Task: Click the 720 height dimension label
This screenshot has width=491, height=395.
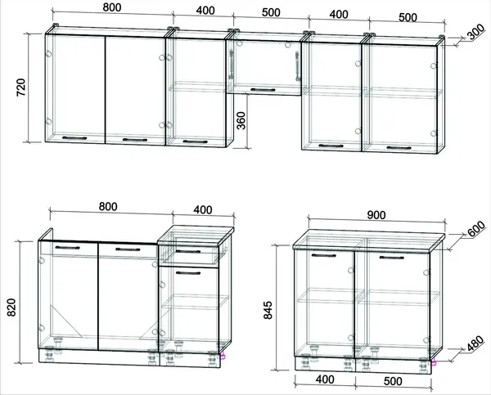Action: (x=21, y=88)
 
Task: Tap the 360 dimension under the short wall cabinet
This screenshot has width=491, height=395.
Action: (x=241, y=120)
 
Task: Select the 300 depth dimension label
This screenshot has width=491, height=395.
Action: (x=476, y=33)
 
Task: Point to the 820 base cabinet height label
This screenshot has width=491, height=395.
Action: (x=11, y=307)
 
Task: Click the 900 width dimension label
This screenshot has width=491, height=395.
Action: (x=376, y=215)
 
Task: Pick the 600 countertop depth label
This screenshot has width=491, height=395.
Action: (x=476, y=229)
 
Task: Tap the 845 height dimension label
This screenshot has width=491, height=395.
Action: (x=268, y=310)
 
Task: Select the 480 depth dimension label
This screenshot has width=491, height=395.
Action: (x=475, y=343)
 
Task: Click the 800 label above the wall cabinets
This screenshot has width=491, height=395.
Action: (x=112, y=7)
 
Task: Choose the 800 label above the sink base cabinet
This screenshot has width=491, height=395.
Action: (x=108, y=207)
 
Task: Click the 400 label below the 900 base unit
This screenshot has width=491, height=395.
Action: (x=325, y=379)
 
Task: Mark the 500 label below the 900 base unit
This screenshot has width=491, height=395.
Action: (x=393, y=381)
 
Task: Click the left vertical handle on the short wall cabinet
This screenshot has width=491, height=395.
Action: (x=232, y=65)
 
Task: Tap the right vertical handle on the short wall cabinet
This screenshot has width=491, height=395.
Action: (x=298, y=66)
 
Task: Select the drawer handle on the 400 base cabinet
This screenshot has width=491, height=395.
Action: (x=188, y=251)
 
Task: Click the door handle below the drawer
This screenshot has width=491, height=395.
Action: (x=188, y=273)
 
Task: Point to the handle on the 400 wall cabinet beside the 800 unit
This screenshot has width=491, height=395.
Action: (x=195, y=141)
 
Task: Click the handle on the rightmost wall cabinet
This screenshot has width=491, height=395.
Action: (x=399, y=148)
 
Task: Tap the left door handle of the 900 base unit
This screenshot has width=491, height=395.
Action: (x=324, y=255)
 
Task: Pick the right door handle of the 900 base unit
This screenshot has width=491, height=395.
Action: (x=392, y=258)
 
